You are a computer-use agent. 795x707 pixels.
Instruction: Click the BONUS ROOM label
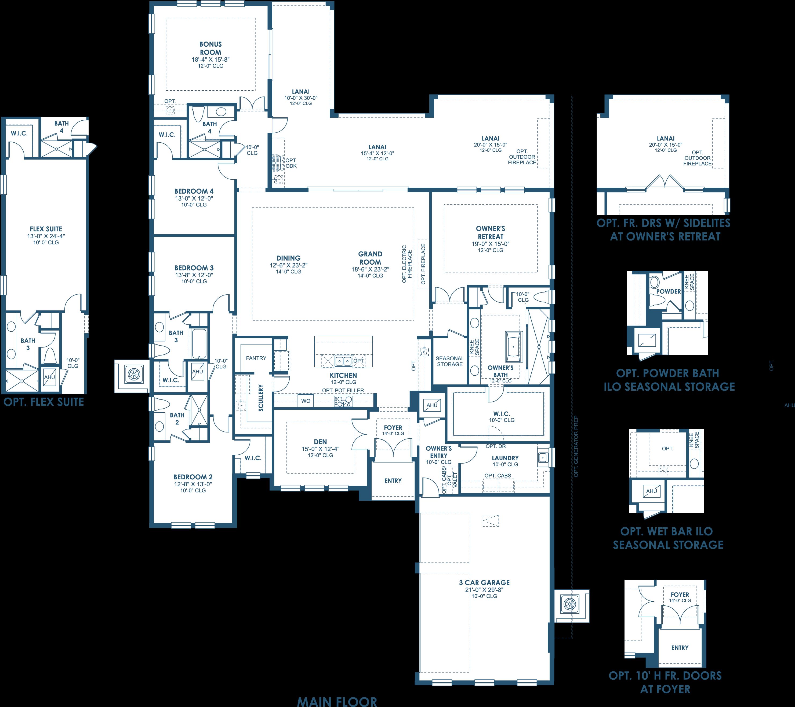click(210, 48)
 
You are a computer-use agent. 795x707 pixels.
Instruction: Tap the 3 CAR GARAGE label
click(484, 582)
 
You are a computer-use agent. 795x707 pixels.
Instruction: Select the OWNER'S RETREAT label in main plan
click(491, 232)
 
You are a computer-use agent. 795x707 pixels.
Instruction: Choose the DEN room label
click(321, 442)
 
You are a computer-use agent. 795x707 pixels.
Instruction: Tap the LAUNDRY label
click(505, 458)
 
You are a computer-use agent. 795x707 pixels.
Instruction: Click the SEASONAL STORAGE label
click(450, 361)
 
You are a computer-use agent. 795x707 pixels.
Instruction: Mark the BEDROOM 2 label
click(193, 477)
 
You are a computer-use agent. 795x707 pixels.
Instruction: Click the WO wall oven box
click(306, 401)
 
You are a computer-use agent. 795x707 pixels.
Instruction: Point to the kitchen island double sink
click(343, 361)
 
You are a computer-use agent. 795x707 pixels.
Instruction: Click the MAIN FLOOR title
click(337, 701)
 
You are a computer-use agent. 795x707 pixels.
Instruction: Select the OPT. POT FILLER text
click(343, 390)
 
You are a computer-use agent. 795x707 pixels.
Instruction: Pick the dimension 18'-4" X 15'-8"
click(210, 60)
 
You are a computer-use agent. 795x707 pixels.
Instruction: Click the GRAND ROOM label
click(370, 258)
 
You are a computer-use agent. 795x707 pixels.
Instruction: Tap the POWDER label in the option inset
click(669, 291)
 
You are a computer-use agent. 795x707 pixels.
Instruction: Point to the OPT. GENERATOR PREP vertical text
click(576, 447)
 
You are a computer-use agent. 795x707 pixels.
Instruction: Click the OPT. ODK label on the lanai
click(291, 163)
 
